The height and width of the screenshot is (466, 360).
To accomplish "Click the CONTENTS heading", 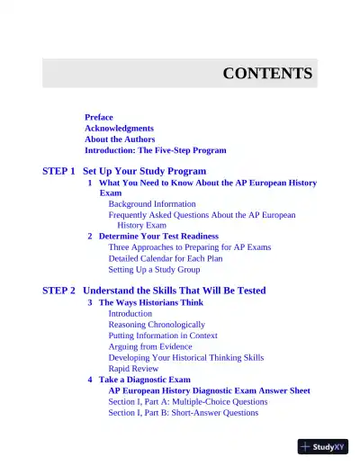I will (267, 74).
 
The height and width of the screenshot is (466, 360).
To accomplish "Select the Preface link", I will (99, 118).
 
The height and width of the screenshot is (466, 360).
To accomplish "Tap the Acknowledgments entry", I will (119, 129).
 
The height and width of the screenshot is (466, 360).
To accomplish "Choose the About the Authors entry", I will (120, 139).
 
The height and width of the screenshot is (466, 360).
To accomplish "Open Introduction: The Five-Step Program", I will (155, 150).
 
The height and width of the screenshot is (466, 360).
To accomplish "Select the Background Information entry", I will (152, 204).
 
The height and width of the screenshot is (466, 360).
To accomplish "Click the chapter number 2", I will (90, 236).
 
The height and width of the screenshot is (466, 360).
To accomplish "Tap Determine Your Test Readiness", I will (158, 236).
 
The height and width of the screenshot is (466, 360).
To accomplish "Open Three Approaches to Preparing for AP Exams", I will (189, 246).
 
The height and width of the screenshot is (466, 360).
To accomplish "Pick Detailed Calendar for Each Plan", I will (166, 258).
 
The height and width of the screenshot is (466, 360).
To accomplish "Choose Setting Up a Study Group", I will (154, 269).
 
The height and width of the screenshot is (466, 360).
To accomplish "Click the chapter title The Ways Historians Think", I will (151, 302).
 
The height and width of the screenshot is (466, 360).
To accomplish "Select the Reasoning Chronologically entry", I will (157, 324).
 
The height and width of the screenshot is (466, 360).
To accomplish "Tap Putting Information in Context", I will (163, 336).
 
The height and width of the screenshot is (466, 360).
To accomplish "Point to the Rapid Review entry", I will (133, 368).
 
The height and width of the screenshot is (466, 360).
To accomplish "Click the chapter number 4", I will (90, 380).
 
